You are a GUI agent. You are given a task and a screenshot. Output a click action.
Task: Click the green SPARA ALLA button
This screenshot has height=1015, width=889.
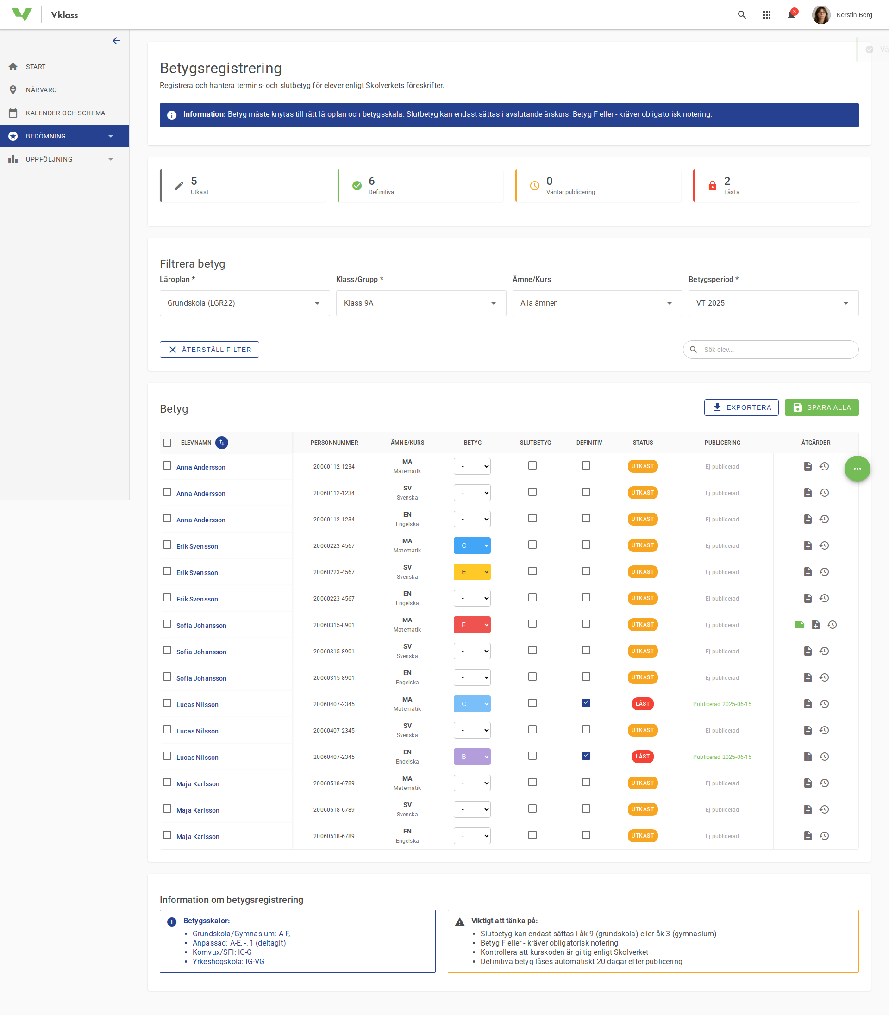pos(821,407)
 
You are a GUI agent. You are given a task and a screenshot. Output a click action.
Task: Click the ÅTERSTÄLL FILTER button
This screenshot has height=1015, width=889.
pos(209,350)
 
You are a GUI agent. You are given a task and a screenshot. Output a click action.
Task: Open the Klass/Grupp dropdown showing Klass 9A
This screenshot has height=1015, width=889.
pos(421,303)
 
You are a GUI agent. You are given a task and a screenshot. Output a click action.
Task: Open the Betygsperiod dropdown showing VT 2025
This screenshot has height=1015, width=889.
pos(773,303)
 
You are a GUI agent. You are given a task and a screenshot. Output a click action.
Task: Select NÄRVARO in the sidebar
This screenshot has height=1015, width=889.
pos(41,90)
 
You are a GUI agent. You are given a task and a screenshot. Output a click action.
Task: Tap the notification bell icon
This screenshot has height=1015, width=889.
pos(791,15)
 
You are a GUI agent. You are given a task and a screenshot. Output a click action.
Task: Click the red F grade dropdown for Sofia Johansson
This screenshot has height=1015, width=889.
pos(472,625)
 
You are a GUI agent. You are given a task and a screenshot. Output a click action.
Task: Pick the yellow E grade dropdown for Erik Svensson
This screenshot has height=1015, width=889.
pos(472,572)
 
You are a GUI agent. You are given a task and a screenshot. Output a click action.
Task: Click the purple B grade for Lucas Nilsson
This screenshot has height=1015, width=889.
pos(472,757)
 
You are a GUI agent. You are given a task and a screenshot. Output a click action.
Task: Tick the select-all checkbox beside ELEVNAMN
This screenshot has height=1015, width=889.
pos(167,443)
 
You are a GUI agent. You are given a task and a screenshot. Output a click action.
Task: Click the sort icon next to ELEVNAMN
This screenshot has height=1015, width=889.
pos(222,443)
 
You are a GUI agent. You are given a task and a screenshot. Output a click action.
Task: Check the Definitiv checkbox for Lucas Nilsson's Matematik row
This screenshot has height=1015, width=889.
pos(586,703)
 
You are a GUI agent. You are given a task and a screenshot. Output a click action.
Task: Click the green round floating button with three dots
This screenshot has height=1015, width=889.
pos(857,469)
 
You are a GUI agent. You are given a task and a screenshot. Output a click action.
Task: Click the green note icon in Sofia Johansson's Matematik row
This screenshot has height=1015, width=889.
pos(799,625)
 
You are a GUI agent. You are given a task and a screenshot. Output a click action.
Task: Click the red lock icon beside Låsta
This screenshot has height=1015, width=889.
pos(713,186)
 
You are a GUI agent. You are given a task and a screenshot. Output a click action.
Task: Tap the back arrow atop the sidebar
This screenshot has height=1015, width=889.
pos(116,41)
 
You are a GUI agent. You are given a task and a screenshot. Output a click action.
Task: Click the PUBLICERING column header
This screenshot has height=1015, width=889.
pos(722,443)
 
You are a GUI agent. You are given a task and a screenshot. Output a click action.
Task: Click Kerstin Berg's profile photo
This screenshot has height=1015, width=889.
pos(821,15)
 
